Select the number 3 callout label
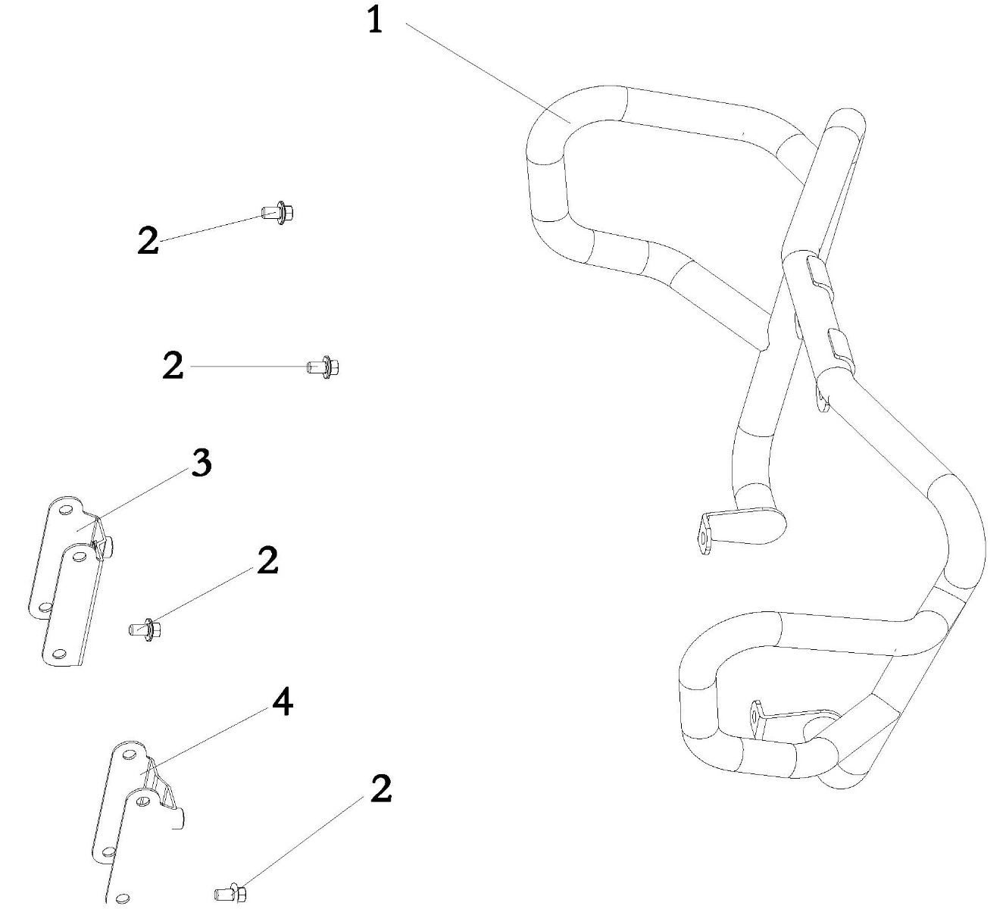(201, 462)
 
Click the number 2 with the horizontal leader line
(173, 366)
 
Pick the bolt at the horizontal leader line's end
(323, 367)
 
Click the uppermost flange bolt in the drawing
(278, 213)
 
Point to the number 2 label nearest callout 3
(267, 561)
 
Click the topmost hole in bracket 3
(65, 511)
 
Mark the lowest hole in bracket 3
(59, 654)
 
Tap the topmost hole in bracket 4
(129, 754)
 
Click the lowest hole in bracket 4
(121, 896)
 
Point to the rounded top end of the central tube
(846, 120)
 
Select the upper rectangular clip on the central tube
(819, 273)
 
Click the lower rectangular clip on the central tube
(841, 347)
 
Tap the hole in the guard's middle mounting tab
(704, 539)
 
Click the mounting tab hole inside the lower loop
(754, 717)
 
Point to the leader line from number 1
(488, 73)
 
